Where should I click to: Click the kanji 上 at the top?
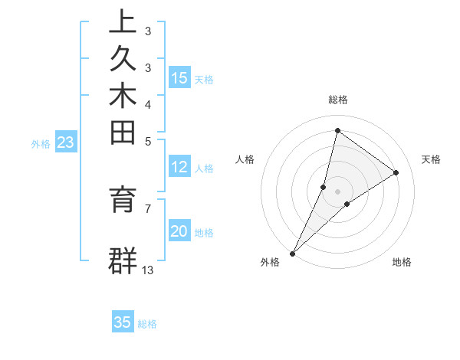(x=123, y=22)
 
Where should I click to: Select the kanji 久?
(x=123, y=59)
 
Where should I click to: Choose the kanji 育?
(x=123, y=200)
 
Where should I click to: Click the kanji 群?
(x=123, y=260)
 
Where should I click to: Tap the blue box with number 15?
(x=179, y=77)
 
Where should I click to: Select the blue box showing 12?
(x=179, y=168)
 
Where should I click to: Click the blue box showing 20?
(x=179, y=232)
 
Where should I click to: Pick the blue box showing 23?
(x=66, y=142)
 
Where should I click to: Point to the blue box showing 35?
(x=123, y=322)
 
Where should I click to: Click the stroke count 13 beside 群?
(x=148, y=270)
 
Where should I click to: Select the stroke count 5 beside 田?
(x=148, y=141)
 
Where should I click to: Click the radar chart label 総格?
(x=338, y=100)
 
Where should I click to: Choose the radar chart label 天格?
(x=431, y=159)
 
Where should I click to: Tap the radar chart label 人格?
(x=245, y=159)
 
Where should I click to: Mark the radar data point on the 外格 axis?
(x=293, y=253)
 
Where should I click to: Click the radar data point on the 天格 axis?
(x=396, y=172)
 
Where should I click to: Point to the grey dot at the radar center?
(x=338, y=191)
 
